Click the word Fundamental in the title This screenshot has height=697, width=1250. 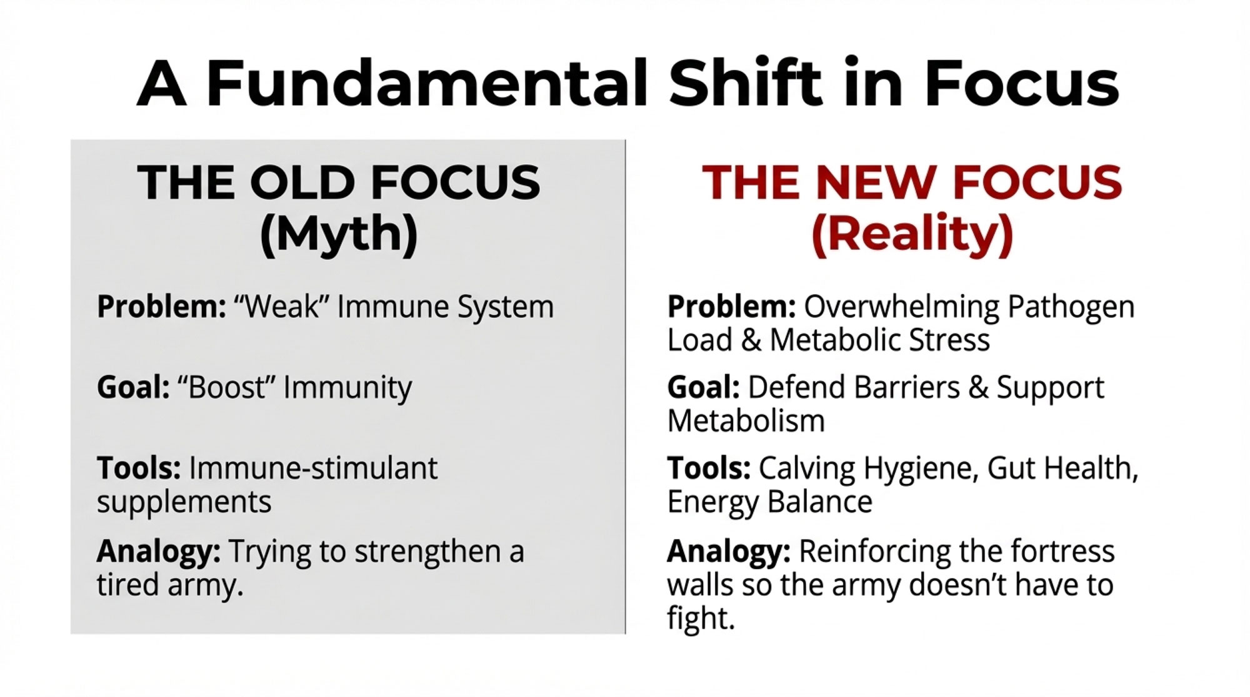[x=426, y=83]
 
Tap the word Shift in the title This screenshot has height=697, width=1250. [x=744, y=82]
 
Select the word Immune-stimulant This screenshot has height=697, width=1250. [x=313, y=468]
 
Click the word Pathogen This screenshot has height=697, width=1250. [x=1071, y=308]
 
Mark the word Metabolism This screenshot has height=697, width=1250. [x=746, y=421]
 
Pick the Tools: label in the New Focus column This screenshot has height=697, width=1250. [x=709, y=468]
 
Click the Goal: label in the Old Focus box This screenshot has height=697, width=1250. [x=133, y=387]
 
